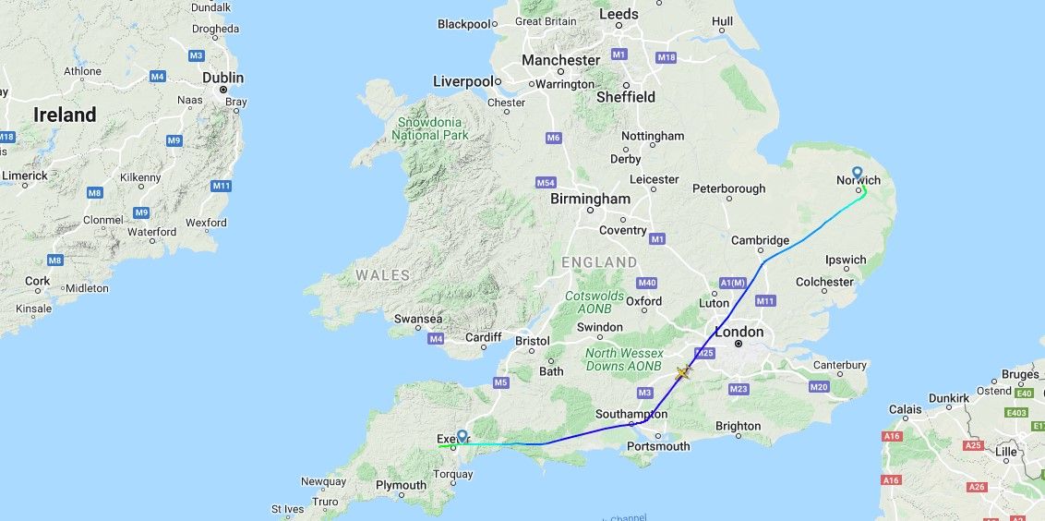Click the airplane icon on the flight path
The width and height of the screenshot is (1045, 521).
[x=682, y=372]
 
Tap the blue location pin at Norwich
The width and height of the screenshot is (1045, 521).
[x=857, y=173]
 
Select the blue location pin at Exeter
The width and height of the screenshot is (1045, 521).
[x=462, y=436]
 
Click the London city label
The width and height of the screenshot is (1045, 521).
[x=739, y=332]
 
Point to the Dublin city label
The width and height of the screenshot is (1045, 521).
[x=222, y=78]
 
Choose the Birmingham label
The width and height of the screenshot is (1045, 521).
[x=590, y=199]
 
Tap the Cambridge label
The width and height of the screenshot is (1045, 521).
[x=761, y=240]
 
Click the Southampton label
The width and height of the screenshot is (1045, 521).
[x=631, y=414]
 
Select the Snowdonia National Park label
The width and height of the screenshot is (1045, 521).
[x=430, y=128]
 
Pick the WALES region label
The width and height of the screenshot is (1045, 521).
[x=383, y=275]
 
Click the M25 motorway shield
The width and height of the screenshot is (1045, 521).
[x=704, y=353]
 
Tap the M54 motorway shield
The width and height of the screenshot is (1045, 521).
[x=546, y=183]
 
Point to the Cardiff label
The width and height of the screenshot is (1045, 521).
[x=483, y=337]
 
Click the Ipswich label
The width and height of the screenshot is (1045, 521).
[x=845, y=260]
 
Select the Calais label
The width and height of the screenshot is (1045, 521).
[x=906, y=409]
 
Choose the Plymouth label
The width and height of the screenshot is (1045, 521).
[x=401, y=485]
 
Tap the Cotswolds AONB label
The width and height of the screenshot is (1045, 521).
[x=595, y=302]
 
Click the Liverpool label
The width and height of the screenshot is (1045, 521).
[x=462, y=81]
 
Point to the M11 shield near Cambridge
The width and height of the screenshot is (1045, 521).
[x=765, y=300]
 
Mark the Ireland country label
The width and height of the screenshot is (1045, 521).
[x=65, y=115]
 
